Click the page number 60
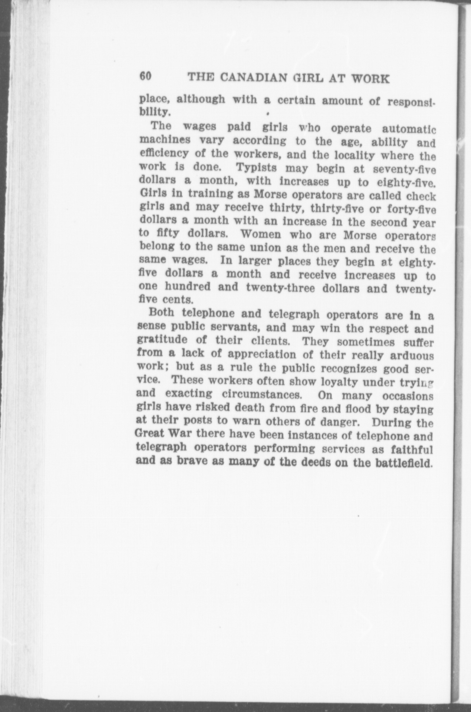click(x=146, y=77)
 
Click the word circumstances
click(x=261, y=394)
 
